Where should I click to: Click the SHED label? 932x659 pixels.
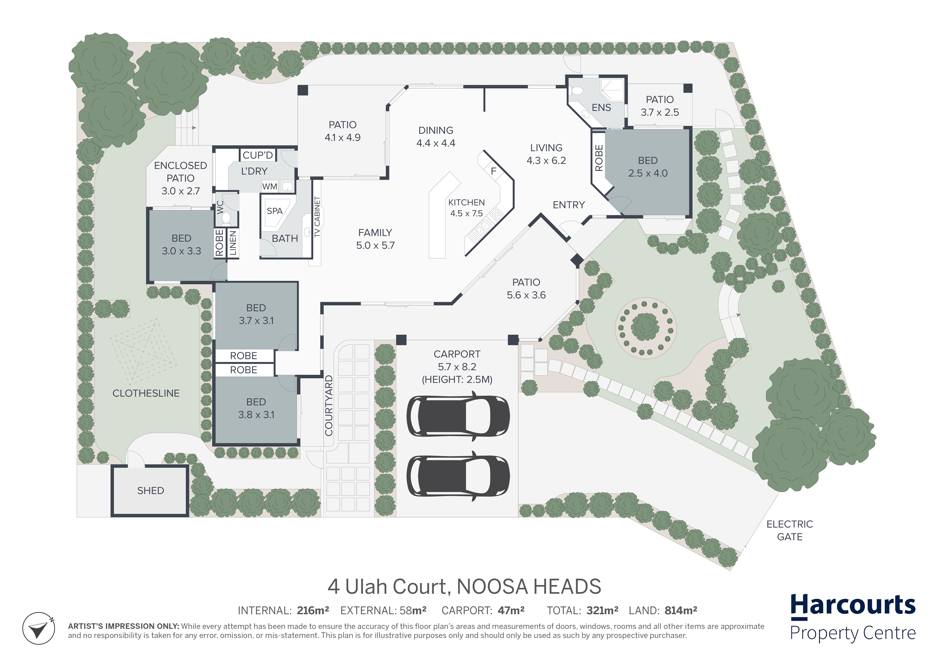click(x=151, y=491)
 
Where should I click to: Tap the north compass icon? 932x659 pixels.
click(x=39, y=628)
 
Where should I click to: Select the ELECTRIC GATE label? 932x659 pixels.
click(x=790, y=530)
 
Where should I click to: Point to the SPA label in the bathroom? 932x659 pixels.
click(x=274, y=211)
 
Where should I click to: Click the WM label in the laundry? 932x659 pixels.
click(x=270, y=187)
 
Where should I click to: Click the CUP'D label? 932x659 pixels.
click(x=258, y=155)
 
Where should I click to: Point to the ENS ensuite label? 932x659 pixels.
click(x=601, y=108)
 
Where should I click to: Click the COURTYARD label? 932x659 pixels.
click(x=329, y=406)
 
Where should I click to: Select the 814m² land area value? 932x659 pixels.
click(x=681, y=610)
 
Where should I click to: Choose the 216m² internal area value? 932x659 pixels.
click(x=313, y=610)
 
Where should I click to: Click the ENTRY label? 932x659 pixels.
click(x=569, y=205)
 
